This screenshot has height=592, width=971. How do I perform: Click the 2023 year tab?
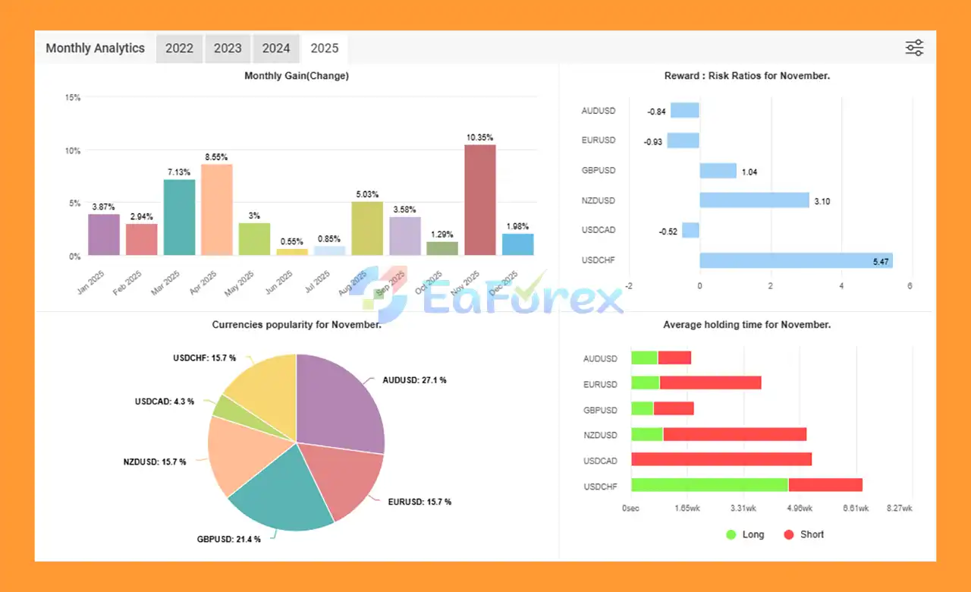coord(228,49)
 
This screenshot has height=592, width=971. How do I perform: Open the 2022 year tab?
coord(180,49)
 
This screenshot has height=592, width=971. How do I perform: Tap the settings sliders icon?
coord(914,48)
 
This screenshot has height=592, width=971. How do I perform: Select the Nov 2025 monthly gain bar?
coord(480,200)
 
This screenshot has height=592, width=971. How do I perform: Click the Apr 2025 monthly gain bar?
coord(217,209)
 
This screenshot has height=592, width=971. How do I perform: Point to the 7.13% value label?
coord(179,172)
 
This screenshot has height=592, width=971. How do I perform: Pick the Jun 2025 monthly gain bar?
coord(292,252)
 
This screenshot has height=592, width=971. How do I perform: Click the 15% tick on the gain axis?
coord(73,98)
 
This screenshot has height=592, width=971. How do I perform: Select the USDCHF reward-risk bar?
coord(796,260)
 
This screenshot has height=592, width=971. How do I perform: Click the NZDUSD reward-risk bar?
coord(754,200)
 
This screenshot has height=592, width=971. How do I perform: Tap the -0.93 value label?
coord(652,141)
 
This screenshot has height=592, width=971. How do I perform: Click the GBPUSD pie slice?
coord(281,493)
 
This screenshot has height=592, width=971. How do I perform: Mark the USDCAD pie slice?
coord(225,406)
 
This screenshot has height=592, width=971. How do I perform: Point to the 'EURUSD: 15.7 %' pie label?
coord(420,502)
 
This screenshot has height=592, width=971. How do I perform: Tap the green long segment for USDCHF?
coord(709,485)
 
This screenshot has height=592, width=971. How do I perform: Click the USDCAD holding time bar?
coord(721,459)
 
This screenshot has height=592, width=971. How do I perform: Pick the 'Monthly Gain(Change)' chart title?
coord(297,76)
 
